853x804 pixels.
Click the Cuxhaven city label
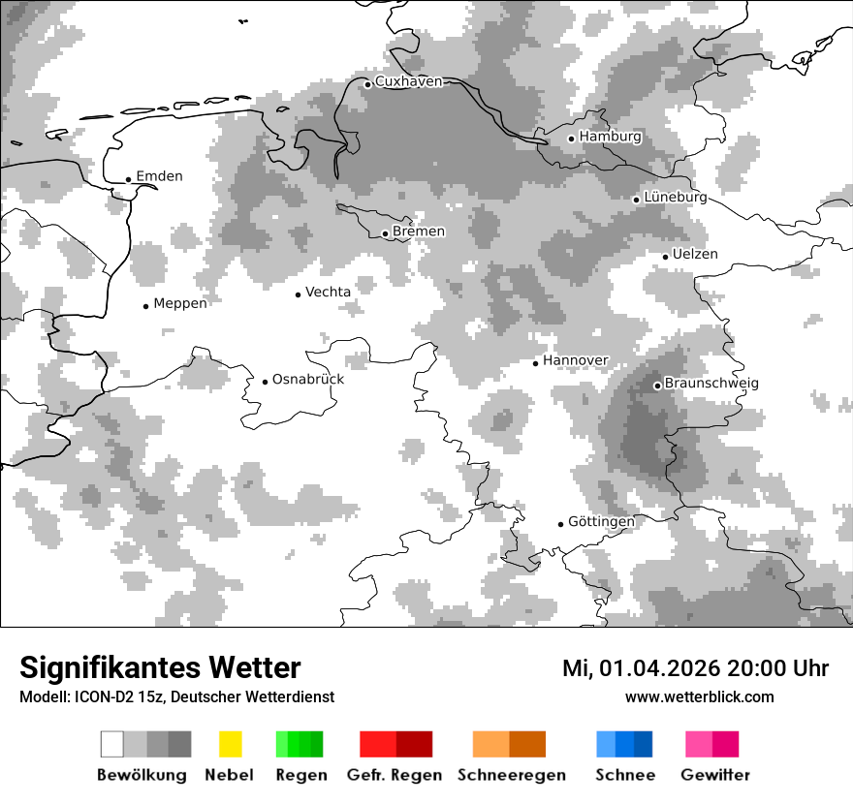(x=408, y=82)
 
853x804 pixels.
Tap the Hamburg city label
(x=610, y=138)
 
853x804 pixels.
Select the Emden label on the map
(x=159, y=176)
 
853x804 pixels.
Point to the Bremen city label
(x=419, y=232)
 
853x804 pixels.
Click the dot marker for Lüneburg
(x=636, y=200)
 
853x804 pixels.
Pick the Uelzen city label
(x=695, y=255)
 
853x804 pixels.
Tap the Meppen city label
(x=180, y=304)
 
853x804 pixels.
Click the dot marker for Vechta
(x=298, y=294)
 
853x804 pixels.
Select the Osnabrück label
(x=308, y=380)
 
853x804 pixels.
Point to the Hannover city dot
(x=535, y=363)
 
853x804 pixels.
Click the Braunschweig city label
(x=711, y=384)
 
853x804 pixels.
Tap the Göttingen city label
(x=601, y=522)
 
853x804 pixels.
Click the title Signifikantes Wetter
(x=160, y=668)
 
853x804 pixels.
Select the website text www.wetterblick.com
(x=699, y=697)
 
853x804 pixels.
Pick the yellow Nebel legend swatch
(x=230, y=744)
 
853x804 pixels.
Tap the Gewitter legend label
(x=714, y=775)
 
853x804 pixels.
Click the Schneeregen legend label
(x=512, y=775)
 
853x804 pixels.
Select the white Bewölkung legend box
(x=112, y=744)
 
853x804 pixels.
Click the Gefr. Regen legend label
(x=395, y=775)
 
